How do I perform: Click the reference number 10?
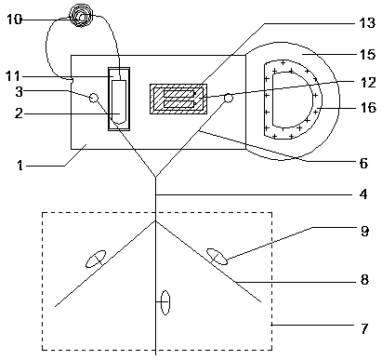click(x=14, y=20)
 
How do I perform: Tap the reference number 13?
click(x=367, y=23)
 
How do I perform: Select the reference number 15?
click(x=367, y=54)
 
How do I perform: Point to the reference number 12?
click(x=368, y=83)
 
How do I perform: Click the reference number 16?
click(x=368, y=108)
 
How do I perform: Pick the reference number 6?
click(x=363, y=163)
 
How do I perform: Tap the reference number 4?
click(x=363, y=194)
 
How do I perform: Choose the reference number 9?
click(x=364, y=231)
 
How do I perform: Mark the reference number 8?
click(x=364, y=279)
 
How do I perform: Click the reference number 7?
click(x=364, y=328)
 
